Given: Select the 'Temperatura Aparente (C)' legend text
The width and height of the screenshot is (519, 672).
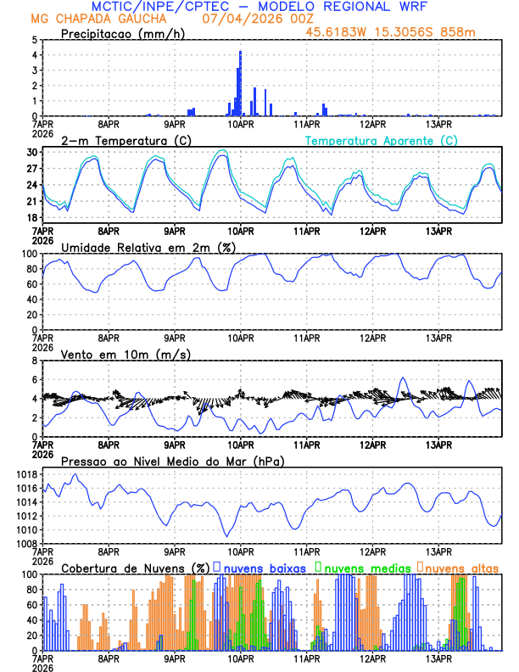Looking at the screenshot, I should [x=382, y=140].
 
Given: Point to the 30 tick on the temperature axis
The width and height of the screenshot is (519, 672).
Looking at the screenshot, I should [x=32, y=152].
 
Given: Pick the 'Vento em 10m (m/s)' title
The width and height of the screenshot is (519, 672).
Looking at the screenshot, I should [x=126, y=354].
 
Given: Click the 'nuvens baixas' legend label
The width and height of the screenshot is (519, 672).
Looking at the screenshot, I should [x=265, y=567].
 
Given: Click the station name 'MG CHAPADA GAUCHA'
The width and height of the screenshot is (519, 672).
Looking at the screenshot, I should [x=98, y=18].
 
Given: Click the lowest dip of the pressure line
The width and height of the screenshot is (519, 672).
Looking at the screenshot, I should [x=227, y=536].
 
